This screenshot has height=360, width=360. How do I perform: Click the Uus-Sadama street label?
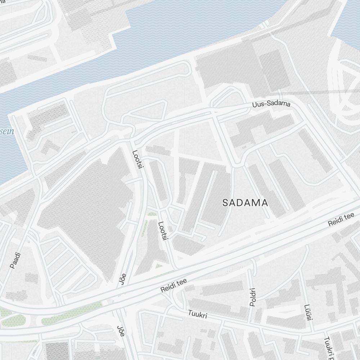tap(271, 104)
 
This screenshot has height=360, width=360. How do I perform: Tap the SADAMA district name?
tap(245, 203)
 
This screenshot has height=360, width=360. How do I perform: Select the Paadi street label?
tap(15, 260)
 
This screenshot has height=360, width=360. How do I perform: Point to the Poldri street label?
tap(252, 297)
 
